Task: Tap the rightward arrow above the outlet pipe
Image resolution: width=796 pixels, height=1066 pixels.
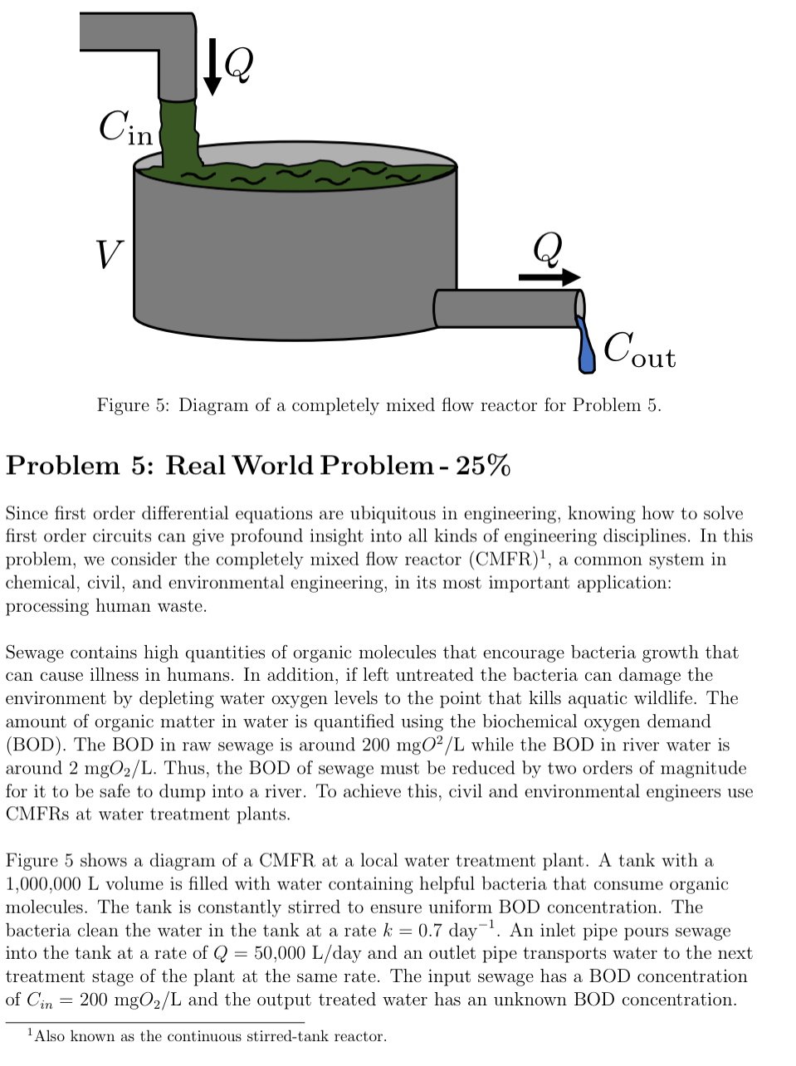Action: click(x=549, y=277)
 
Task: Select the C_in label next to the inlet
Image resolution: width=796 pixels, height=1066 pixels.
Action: click(x=125, y=129)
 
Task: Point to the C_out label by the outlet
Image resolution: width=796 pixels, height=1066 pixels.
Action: click(x=639, y=350)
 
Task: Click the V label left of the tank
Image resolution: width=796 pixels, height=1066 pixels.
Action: click(x=109, y=253)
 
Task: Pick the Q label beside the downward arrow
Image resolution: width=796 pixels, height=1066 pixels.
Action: click(x=238, y=63)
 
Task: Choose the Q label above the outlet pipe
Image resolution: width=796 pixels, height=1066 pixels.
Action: click(x=547, y=247)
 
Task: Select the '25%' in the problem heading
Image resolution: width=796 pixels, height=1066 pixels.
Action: click(x=482, y=465)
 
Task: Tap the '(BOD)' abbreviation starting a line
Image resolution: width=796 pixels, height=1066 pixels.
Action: click(x=36, y=745)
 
